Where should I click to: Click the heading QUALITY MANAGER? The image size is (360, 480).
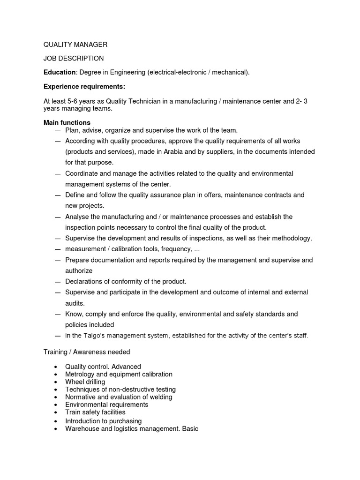click(x=75, y=45)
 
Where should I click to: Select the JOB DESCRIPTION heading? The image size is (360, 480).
click(x=74, y=59)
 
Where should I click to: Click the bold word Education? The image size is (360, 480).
click(x=60, y=73)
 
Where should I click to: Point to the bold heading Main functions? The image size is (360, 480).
click(x=67, y=122)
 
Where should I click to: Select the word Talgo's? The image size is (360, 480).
click(x=96, y=336)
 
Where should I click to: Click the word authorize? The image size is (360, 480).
click(x=79, y=271)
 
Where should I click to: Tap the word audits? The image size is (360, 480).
click(x=75, y=303)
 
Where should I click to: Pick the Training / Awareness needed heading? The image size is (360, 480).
click(x=87, y=352)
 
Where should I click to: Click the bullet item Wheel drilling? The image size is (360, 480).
click(x=85, y=382)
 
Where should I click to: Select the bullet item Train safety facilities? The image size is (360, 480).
click(x=95, y=412)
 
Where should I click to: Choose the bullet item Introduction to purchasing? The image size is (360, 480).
click(x=103, y=421)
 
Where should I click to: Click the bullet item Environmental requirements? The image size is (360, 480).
click(x=106, y=405)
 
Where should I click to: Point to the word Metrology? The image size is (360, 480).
click(x=80, y=374)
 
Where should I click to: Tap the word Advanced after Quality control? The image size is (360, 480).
click(x=126, y=367)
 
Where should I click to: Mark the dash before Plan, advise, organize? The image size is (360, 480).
click(x=58, y=130)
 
